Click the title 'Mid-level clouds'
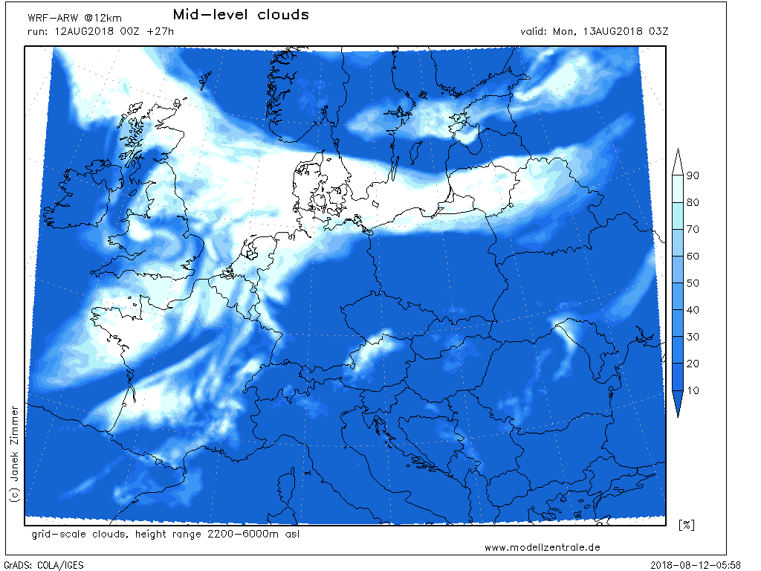[240, 15]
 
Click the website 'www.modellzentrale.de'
[543, 547]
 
